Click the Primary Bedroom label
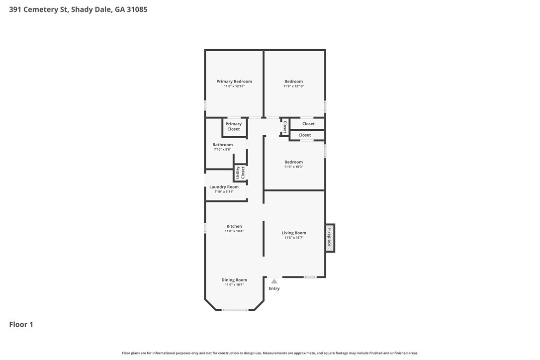(x=234, y=82)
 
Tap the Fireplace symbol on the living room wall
(x=330, y=238)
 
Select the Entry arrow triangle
(x=274, y=281)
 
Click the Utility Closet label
(x=240, y=173)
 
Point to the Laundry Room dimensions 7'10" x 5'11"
(x=224, y=191)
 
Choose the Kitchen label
(x=234, y=226)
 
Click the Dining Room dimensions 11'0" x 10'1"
(x=234, y=284)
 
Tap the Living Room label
(x=294, y=233)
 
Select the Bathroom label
(x=222, y=145)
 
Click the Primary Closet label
(x=234, y=126)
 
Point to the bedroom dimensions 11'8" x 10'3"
(x=294, y=167)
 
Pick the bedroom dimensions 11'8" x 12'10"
(x=294, y=86)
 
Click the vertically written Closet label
(x=285, y=127)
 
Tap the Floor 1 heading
(x=21, y=324)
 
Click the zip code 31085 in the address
(x=137, y=9)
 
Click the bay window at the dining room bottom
(x=235, y=310)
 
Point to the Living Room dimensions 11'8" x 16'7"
(x=294, y=238)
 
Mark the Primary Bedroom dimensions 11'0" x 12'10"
(x=234, y=86)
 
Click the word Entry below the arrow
(x=274, y=288)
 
